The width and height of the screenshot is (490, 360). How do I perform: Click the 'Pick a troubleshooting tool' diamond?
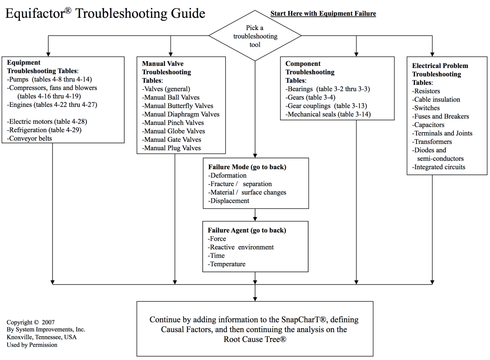tap(255, 36)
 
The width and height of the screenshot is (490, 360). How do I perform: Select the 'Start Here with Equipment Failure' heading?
tap(323, 13)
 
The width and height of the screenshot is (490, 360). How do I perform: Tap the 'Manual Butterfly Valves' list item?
tap(178, 106)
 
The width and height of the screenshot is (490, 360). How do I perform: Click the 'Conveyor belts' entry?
tap(30, 138)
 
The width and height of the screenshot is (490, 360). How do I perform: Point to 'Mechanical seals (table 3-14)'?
tap(328, 114)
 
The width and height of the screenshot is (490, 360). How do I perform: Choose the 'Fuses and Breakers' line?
tap(441, 116)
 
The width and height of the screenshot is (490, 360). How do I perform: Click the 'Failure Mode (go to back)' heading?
tap(247, 167)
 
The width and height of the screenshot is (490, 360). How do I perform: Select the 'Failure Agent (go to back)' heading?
tap(247, 230)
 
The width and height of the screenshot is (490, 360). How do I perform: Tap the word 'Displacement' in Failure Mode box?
tap(229, 201)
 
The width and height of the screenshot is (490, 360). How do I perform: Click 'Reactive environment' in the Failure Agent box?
tap(241, 247)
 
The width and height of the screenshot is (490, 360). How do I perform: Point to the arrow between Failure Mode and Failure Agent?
tap(255, 215)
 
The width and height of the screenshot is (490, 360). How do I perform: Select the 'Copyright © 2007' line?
tap(31, 322)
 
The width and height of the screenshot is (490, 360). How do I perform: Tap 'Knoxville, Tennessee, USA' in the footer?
tap(41, 337)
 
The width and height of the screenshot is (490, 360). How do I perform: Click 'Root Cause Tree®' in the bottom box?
tap(255, 339)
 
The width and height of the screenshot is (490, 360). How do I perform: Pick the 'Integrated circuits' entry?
tap(439, 167)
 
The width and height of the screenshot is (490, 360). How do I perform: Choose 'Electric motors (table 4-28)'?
tap(47, 121)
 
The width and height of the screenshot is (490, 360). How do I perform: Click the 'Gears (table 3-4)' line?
tap(310, 97)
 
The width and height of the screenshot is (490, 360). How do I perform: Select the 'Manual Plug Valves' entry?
tap(172, 148)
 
